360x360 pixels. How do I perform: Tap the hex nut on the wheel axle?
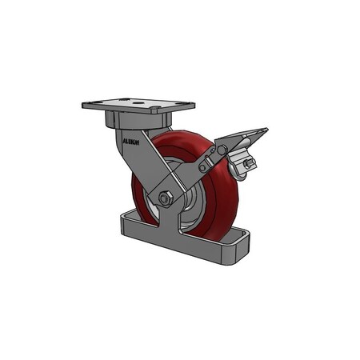[x=166, y=198]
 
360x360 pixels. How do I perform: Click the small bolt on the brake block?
[x=248, y=164]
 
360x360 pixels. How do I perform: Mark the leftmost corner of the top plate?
[x=83, y=105]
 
